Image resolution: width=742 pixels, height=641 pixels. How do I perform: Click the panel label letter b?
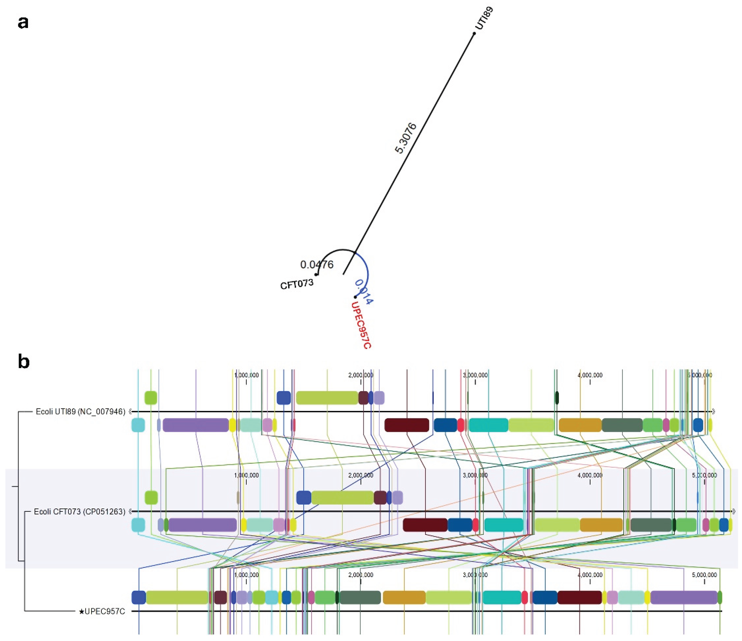pyautogui.click(x=24, y=362)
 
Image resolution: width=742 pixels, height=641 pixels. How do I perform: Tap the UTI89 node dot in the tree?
pyautogui.click(x=474, y=33)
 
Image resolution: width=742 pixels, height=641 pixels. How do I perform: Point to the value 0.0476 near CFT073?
pyautogui.click(x=317, y=265)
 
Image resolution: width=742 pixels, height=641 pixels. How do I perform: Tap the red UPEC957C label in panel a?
pyautogui.click(x=361, y=325)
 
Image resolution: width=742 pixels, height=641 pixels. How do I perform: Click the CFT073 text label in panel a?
pyautogui.click(x=296, y=284)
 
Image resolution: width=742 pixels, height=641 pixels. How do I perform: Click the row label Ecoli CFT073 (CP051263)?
pyautogui.click(x=79, y=512)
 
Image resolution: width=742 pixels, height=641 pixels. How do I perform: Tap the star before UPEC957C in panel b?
pyautogui.click(x=82, y=611)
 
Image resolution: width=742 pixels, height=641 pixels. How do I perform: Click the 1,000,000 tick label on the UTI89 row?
pyautogui.click(x=246, y=375)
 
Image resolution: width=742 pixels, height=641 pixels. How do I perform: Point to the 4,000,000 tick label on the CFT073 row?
pyautogui.click(x=590, y=475)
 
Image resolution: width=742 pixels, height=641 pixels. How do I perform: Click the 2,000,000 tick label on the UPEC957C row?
pyautogui.click(x=361, y=575)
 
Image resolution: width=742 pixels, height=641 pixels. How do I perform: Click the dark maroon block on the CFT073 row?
pyautogui.click(x=425, y=525)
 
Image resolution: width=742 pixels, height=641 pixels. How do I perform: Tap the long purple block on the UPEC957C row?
pyautogui.click(x=684, y=597)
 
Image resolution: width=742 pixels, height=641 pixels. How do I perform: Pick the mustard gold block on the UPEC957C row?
pyautogui.click(x=404, y=597)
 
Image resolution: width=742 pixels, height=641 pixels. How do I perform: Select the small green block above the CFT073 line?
pyautogui.click(x=151, y=497)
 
